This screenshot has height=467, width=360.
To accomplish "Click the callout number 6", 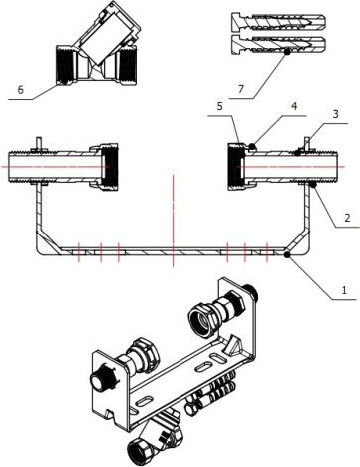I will click(x=20, y=88).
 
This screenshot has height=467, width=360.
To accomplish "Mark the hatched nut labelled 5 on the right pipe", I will click(x=236, y=161).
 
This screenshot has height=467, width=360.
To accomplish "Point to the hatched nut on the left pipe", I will click(x=107, y=161).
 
